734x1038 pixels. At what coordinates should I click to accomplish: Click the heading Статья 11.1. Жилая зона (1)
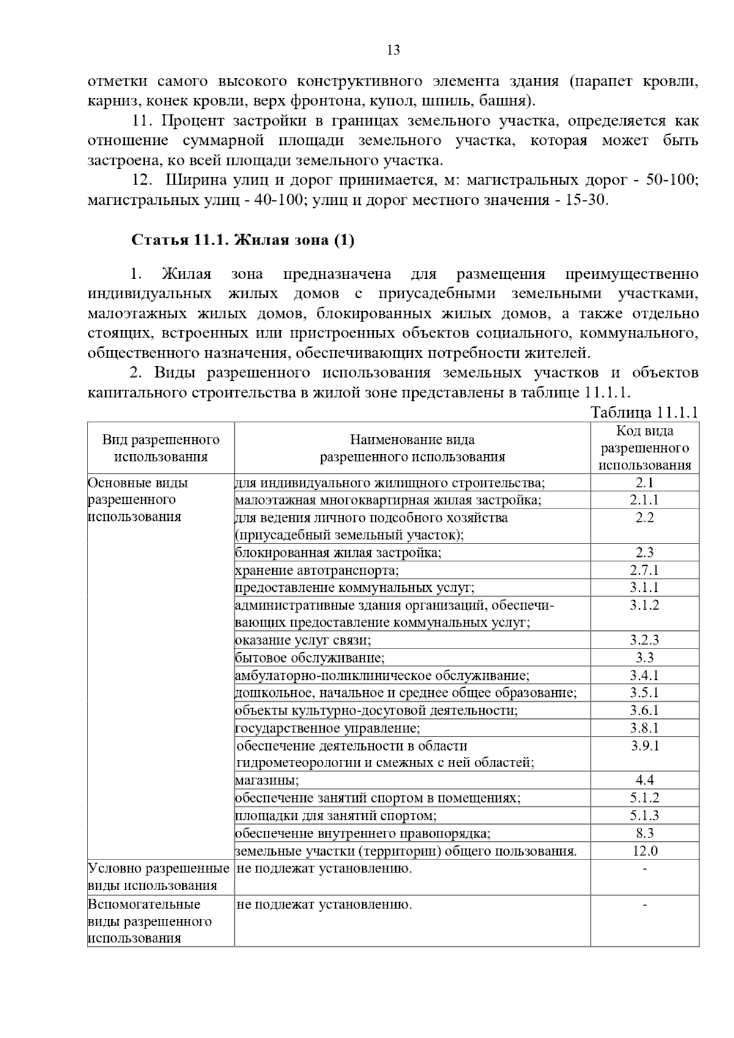[x=243, y=240]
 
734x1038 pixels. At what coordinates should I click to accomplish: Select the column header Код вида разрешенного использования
[x=644, y=448]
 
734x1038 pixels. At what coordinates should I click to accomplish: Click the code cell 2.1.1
[x=644, y=500]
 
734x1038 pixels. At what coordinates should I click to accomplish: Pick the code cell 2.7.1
[x=644, y=570]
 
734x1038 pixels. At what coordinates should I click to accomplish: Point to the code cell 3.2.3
[x=644, y=641]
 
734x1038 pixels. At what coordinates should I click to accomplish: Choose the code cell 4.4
[x=644, y=780]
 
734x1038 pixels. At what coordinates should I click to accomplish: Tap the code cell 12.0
[x=644, y=850]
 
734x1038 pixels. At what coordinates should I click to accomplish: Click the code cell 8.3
[x=644, y=833]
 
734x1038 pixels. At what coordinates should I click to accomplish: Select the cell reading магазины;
[x=267, y=781]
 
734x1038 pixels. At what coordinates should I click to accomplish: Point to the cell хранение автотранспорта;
[x=317, y=571]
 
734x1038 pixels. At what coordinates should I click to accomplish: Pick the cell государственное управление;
[x=328, y=728]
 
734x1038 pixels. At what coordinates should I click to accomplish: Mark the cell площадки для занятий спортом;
[x=336, y=815]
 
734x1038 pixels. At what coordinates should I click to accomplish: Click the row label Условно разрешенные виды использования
[x=159, y=877]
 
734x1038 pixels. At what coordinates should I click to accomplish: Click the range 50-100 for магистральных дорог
[x=672, y=180]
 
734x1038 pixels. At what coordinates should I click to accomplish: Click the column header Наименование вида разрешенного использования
[x=412, y=448]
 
